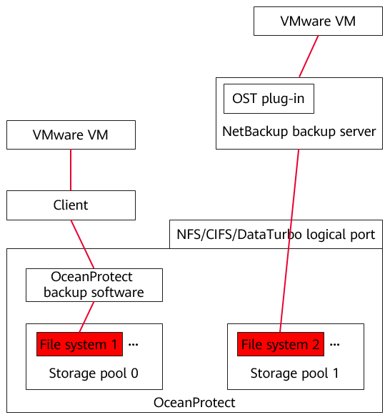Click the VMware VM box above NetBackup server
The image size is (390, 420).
coord(318,21)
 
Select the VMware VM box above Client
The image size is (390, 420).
coord(71,135)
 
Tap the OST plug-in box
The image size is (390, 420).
coord(269,99)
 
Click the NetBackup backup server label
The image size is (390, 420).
coord(299,132)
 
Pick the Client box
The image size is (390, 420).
coord(71,205)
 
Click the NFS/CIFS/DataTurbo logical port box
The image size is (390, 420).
coord(276,235)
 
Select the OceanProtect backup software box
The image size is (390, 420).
coord(94,285)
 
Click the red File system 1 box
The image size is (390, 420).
coord(79,344)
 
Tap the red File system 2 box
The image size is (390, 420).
coord(281,344)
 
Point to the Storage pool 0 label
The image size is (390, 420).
coord(94,373)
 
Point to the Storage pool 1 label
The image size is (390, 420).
coord(294,373)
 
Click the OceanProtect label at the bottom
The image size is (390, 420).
coord(194,403)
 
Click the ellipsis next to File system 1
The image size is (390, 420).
coord(133,345)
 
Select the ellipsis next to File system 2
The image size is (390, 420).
coord(334,345)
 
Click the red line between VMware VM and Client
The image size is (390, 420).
coord(71,170)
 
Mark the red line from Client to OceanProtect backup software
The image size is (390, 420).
coord(82,244)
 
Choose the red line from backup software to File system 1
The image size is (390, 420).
coord(86,317)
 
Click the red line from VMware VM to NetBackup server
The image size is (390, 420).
coord(309,57)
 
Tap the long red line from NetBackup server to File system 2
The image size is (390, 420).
coord(289,240)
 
